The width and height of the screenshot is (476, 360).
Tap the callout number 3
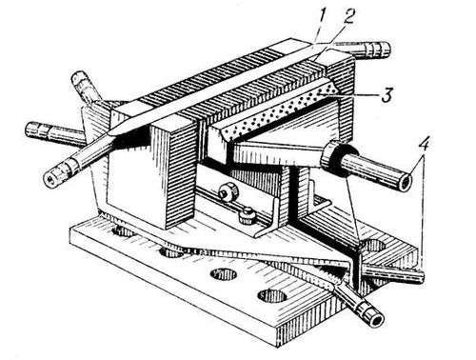[387, 94]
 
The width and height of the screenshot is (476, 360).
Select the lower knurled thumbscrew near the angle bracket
[247, 215]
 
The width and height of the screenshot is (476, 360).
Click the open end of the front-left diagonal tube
[50, 180]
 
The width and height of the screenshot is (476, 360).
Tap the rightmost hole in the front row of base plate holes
[272, 295]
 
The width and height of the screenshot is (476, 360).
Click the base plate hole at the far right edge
[374, 246]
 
